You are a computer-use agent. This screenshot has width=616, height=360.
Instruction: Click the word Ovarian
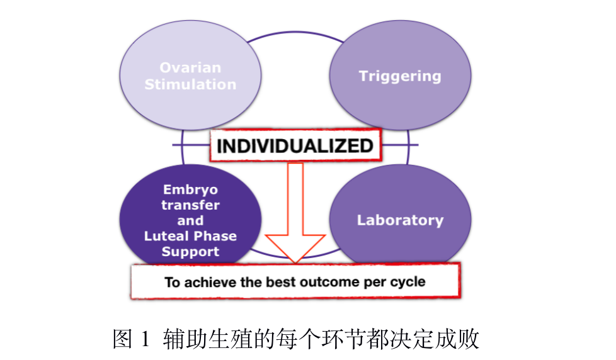pos(190,67)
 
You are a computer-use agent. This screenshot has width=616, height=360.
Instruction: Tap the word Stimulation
pos(190,84)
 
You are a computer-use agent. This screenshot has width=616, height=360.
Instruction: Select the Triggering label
pos(400,76)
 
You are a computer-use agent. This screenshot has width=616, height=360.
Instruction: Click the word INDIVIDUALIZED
pos(295,146)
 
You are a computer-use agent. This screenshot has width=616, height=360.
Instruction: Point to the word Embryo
pos(191,190)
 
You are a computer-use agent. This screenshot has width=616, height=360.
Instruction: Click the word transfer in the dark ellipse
pos(191,205)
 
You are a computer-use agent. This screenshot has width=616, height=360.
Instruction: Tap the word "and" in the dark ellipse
pos(191,220)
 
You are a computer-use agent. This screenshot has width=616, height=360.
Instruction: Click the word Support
pos(191,252)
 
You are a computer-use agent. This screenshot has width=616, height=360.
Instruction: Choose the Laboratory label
pos(400,220)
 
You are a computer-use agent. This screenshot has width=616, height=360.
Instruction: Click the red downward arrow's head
pos(295,249)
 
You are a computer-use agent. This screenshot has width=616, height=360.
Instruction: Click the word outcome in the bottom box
pos(330,282)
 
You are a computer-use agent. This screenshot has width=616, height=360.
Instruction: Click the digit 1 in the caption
pos(145,339)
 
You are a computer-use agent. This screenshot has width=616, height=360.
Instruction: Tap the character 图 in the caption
pos(122,339)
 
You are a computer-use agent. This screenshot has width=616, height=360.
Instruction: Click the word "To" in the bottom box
pos(172,282)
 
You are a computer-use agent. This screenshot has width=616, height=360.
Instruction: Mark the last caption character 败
pos(469,339)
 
